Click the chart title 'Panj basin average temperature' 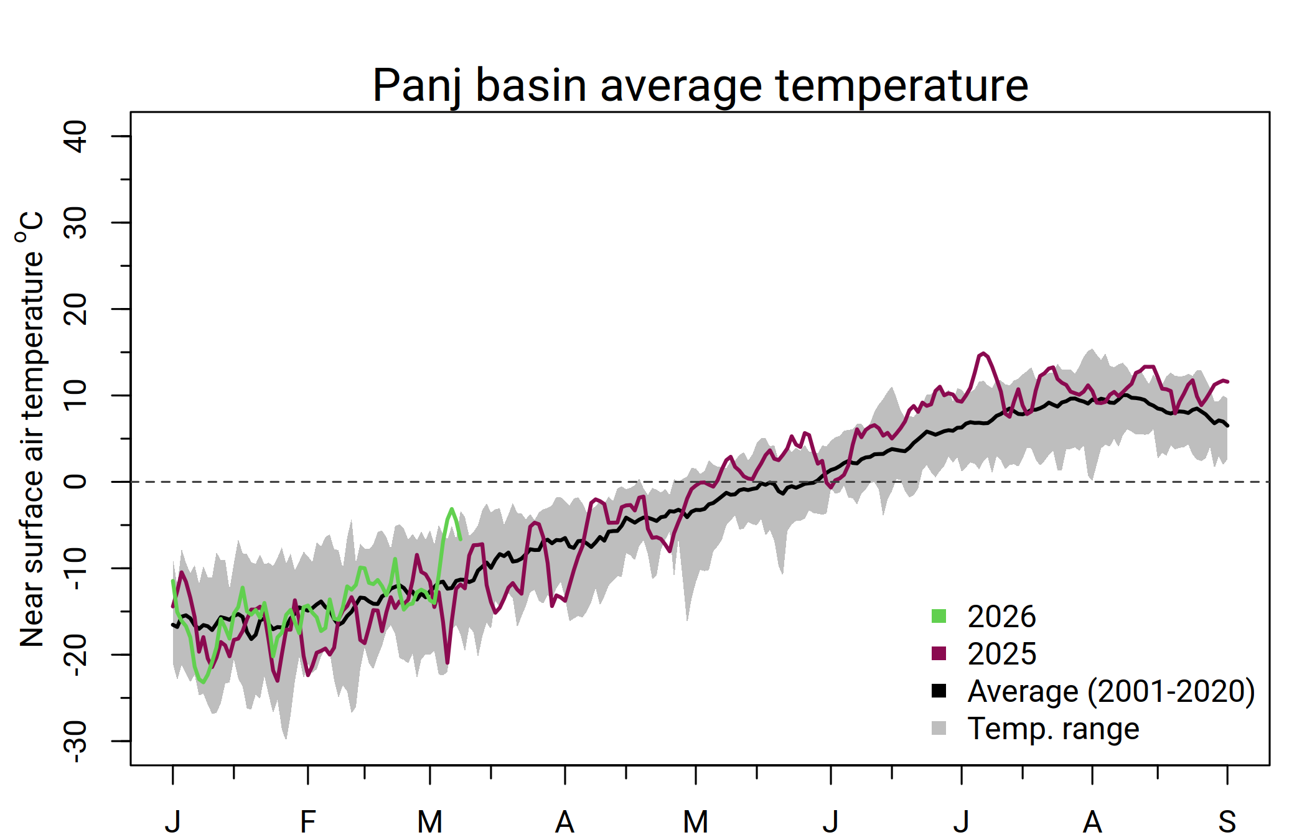(700, 85)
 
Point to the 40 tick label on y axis (76, 136)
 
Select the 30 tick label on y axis (76, 223)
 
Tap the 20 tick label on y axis (76, 309)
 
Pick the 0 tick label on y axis (76, 482)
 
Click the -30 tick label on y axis (76, 740)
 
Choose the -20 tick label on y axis (76, 655)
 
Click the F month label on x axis (307, 822)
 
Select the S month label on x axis (1227, 822)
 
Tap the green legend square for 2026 (939, 616)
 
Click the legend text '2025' (1001, 654)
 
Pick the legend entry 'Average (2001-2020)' (1110, 691)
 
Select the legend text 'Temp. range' (1053, 729)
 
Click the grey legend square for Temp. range (939, 728)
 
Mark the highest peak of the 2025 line (983, 353)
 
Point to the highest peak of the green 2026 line (452, 509)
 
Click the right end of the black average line (1227, 426)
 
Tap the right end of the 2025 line (1227, 381)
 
